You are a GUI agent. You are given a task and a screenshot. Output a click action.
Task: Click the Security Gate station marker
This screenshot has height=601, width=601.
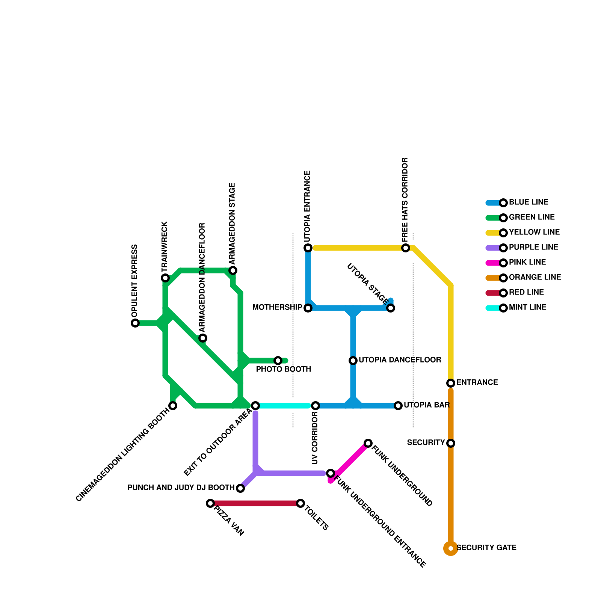click(x=451, y=548)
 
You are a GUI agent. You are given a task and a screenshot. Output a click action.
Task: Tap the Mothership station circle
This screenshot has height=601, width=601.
click(x=308, y=308)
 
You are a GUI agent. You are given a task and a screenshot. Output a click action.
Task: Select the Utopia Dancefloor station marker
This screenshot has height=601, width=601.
click(x=353, y=361)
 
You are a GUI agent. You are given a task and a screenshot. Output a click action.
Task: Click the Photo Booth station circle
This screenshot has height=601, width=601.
click(x=278, y=361)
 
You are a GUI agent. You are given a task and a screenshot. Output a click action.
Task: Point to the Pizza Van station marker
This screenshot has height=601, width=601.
click(x=210, y=503)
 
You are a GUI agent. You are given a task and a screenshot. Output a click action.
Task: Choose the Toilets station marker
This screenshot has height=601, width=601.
click(x=300, y=503)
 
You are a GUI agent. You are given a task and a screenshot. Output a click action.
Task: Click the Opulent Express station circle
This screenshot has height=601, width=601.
click(x=135, y=323)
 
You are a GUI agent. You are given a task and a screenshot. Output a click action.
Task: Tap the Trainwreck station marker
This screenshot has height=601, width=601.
click(x=165, y=278)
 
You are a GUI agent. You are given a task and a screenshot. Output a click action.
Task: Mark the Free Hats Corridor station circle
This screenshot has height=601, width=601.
click(x=406, y=248)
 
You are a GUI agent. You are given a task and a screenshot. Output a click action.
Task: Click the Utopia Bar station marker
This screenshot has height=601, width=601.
click(x=398, y=406)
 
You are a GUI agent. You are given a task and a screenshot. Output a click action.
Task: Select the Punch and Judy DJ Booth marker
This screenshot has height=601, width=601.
click(x=240, y=488)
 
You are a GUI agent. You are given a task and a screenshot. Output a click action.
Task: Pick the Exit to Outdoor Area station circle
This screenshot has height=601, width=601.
click(x=255, y=406)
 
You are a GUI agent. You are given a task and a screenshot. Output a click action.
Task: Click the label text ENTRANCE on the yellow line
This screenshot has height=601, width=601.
click(x=477, y=383)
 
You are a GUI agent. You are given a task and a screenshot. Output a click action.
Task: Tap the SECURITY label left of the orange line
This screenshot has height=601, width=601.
click(x=426, y=443)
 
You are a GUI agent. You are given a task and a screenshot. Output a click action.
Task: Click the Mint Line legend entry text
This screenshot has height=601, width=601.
click(x=527, y=308)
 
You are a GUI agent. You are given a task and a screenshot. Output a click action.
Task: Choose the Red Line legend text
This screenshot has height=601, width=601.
click(x=526, y=293)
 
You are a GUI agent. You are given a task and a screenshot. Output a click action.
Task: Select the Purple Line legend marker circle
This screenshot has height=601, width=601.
click(x=503, y=248)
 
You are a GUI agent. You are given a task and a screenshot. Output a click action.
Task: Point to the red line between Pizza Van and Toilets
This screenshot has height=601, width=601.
click(x=255, y=503)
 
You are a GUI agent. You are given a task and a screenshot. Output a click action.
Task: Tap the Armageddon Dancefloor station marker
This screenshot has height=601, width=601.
click(x=203, y=338)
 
